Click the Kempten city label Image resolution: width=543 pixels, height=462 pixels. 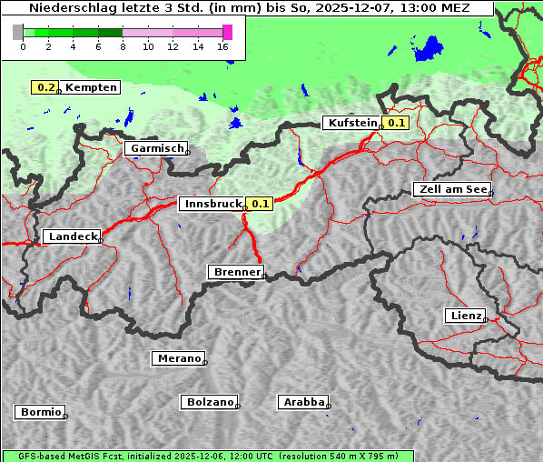[91, 87]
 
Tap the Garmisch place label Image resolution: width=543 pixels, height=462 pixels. [156, 148]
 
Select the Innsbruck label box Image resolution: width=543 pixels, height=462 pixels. [212, 204]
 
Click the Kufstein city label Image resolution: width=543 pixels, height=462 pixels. [351, 123]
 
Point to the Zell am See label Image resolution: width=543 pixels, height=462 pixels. [451, 189]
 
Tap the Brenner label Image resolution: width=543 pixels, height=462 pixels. [236, 272]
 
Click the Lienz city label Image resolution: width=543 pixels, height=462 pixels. [464, 316]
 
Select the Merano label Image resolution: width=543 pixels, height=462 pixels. [177, 358]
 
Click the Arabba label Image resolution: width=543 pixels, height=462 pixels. [302, 401]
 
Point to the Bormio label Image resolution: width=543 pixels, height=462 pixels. [40, 412]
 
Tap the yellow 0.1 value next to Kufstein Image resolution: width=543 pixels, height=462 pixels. [396, 123]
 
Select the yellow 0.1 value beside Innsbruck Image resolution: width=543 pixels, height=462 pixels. [260, 204]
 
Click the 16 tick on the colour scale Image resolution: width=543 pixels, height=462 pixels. [223, 47]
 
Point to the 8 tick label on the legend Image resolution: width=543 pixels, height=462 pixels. [123, 47]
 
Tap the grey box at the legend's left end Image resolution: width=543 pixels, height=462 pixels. [18, 32]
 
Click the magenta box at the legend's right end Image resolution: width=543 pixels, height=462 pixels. [227, 32]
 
